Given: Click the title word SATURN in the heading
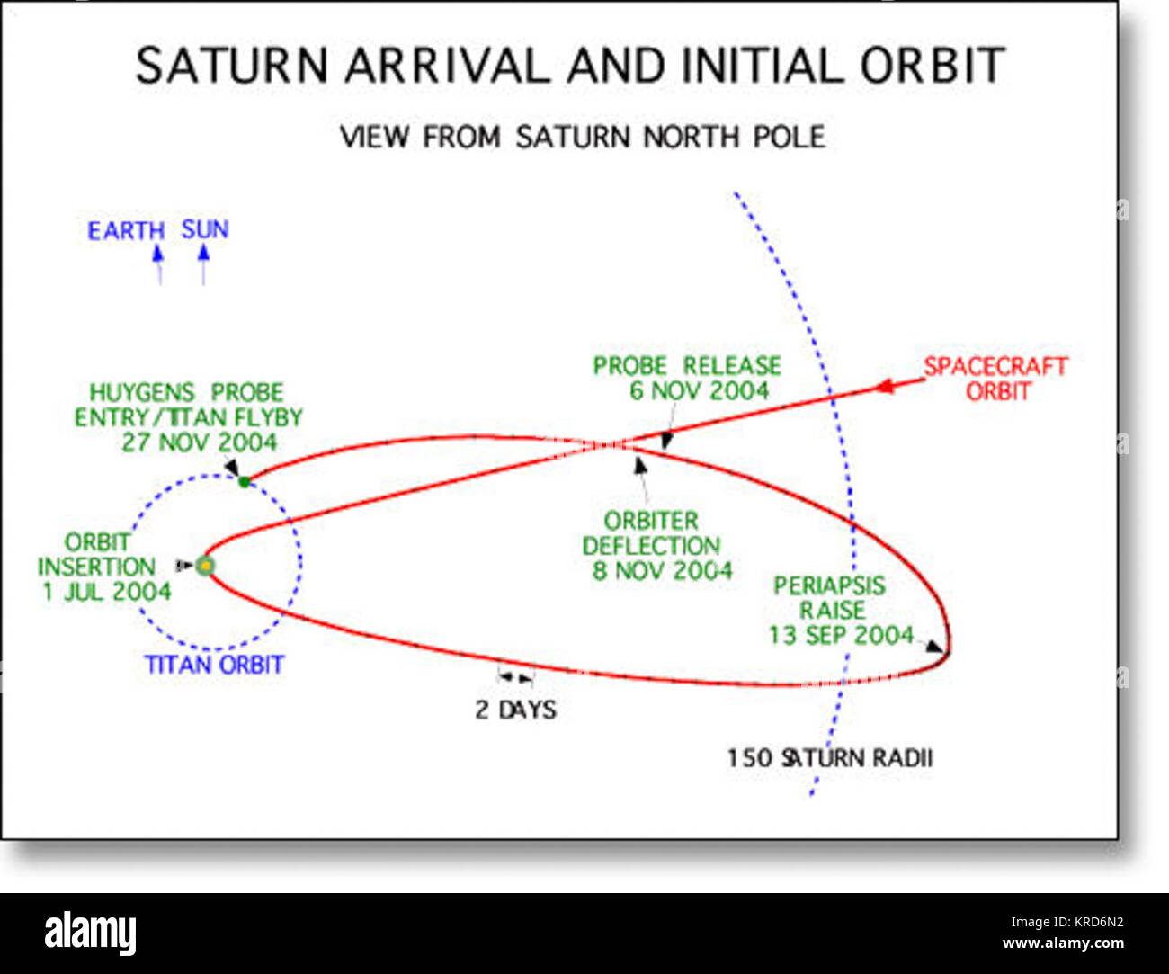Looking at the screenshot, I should [232, 67].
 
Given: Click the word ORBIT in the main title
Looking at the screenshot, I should [932, 67].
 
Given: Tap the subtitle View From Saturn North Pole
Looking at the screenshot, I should [582, 138].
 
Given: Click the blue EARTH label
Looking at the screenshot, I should [125, 231].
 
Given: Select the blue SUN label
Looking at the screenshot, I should [205, 230].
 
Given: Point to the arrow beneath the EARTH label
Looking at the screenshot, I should [159, 264].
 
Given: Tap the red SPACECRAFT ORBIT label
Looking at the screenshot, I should [996, 379].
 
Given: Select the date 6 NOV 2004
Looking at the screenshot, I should [699, 391].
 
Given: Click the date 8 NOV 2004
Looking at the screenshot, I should [662, 571].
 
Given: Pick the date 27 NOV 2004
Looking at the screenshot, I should [200, 442].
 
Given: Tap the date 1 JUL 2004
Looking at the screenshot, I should [106, 592].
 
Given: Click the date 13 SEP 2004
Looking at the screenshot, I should [841, 635].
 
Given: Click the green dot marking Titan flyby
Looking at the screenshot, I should [244, 482].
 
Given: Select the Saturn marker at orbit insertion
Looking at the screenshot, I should [206, 566].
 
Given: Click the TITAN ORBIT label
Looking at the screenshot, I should [214, 665].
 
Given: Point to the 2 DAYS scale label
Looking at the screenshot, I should [515, 710].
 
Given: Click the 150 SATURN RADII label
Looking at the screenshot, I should [829, 758].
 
